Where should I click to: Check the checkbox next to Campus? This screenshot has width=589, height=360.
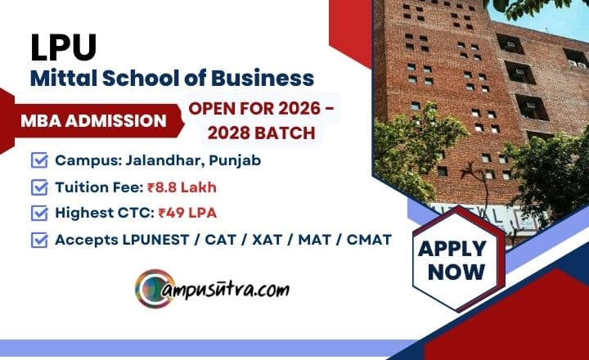[38, 160]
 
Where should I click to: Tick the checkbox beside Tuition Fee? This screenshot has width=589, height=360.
[38, 187]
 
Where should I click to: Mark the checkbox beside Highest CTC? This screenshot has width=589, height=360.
[38, 214]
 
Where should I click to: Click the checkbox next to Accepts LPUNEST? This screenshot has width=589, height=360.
[38, 241]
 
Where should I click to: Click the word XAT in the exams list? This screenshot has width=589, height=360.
[263, 241]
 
